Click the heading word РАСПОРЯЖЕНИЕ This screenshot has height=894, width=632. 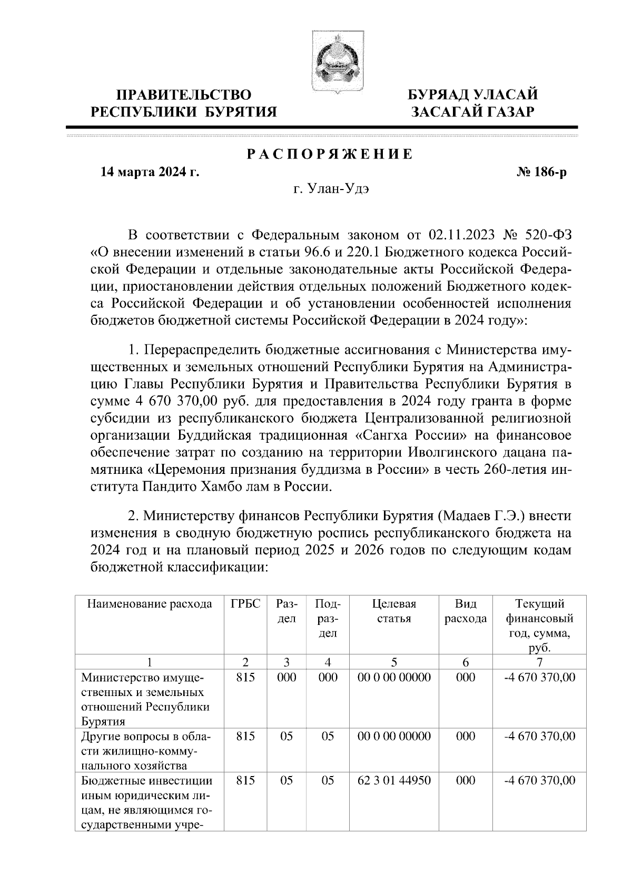point(330,155)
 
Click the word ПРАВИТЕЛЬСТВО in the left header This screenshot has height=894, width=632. point(184,95)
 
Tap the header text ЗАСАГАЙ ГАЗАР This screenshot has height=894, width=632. point(473,112)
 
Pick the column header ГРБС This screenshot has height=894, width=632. point(245,604)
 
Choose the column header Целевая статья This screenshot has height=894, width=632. point(393,611)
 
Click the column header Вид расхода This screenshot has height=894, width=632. point(465,611)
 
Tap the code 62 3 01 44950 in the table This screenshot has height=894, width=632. point(393,780)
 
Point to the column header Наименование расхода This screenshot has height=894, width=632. point(150,604)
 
